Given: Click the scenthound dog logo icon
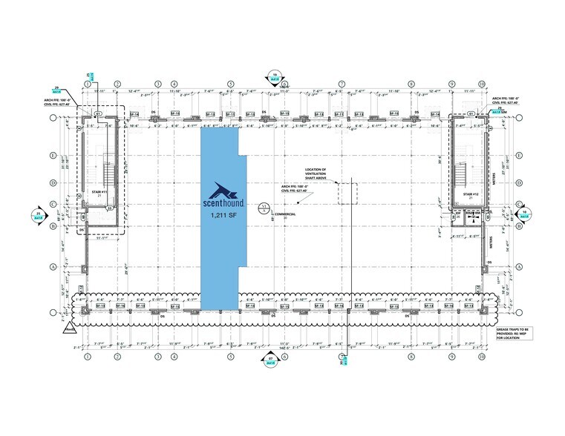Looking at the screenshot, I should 220,188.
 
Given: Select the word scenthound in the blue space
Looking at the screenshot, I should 219,202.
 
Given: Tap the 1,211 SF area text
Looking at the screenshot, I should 219,216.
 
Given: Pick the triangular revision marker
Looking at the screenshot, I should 71,325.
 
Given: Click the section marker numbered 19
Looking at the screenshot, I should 275,76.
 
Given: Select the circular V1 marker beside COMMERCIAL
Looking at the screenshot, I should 261,208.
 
